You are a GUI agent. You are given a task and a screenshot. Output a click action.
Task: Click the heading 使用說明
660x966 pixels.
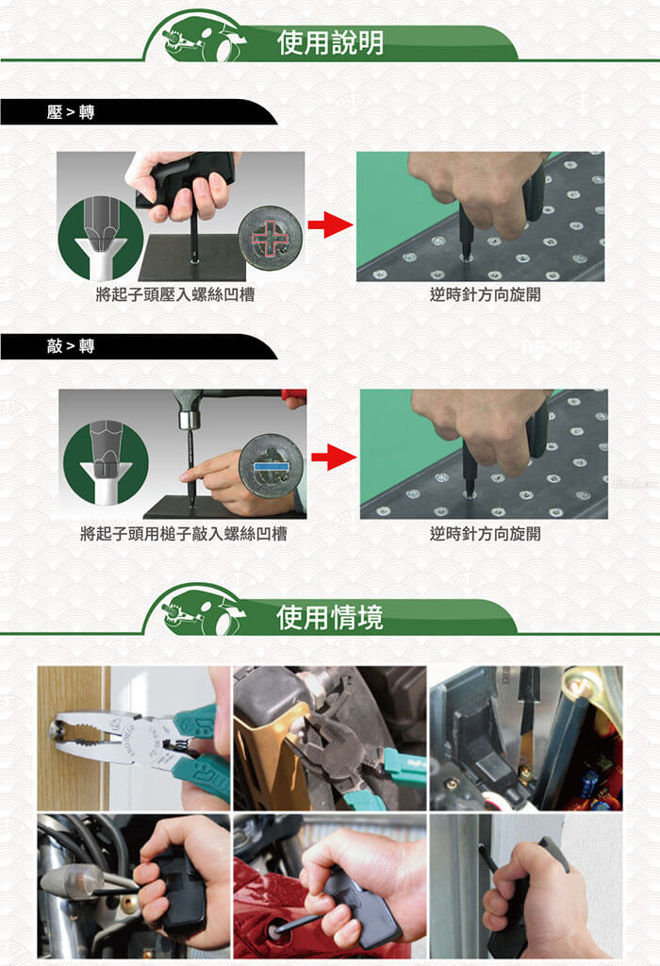tap(331, 42)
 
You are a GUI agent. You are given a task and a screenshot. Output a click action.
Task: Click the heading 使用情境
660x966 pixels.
tap(330, 617)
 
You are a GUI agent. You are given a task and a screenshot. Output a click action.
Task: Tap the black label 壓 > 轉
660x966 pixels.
tap(70, 112)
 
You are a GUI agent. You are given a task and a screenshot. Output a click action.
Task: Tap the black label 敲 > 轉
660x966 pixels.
tap(70, 346)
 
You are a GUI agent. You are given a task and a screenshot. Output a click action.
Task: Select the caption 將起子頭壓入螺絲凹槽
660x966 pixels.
tap(174, 294)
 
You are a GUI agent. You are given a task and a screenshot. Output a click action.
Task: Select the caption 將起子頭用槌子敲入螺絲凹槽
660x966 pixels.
tap(184, 534)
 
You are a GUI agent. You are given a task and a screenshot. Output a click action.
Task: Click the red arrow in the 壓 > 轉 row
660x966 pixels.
tap(330, 225)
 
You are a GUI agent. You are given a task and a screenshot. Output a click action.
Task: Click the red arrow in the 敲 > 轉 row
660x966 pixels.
tap(334, 458)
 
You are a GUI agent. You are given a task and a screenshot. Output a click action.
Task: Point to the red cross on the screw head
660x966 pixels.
tap(269, 237)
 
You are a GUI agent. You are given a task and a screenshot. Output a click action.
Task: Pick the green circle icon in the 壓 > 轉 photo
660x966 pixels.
tap(101, 238)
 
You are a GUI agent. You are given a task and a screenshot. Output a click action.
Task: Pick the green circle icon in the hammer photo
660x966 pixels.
tap(106, 462)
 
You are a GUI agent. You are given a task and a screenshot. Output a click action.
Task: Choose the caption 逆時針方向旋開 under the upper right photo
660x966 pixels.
tap(486, 294)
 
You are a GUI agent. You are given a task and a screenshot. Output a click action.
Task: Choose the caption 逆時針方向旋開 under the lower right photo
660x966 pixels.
tap(486, 534)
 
